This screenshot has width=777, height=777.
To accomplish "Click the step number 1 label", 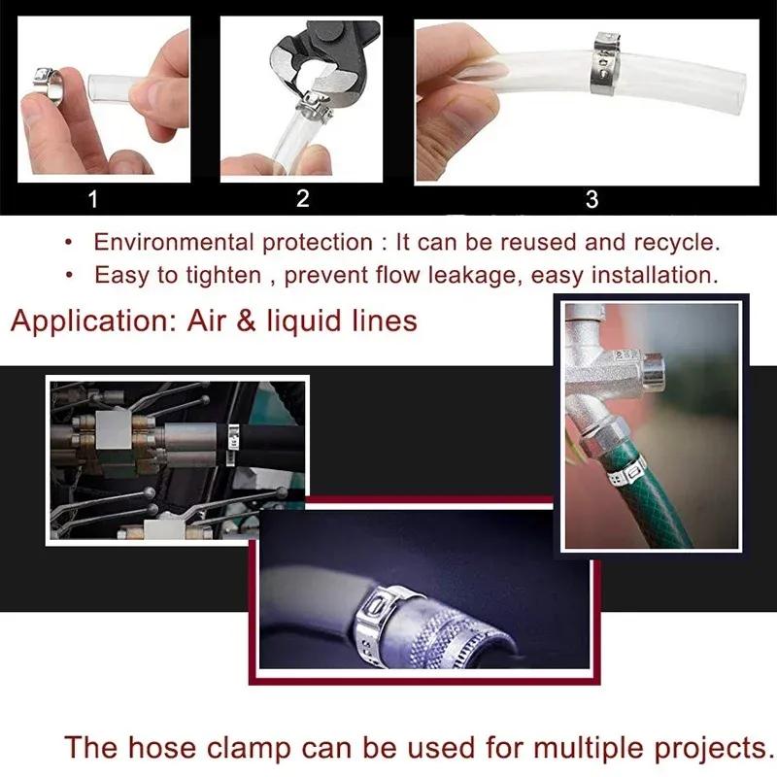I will point(93,200).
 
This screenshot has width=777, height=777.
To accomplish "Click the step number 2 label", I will point(302,199).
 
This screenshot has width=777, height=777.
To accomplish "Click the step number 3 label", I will point(592,200).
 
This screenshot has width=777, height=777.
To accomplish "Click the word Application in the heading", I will point(91,320).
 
